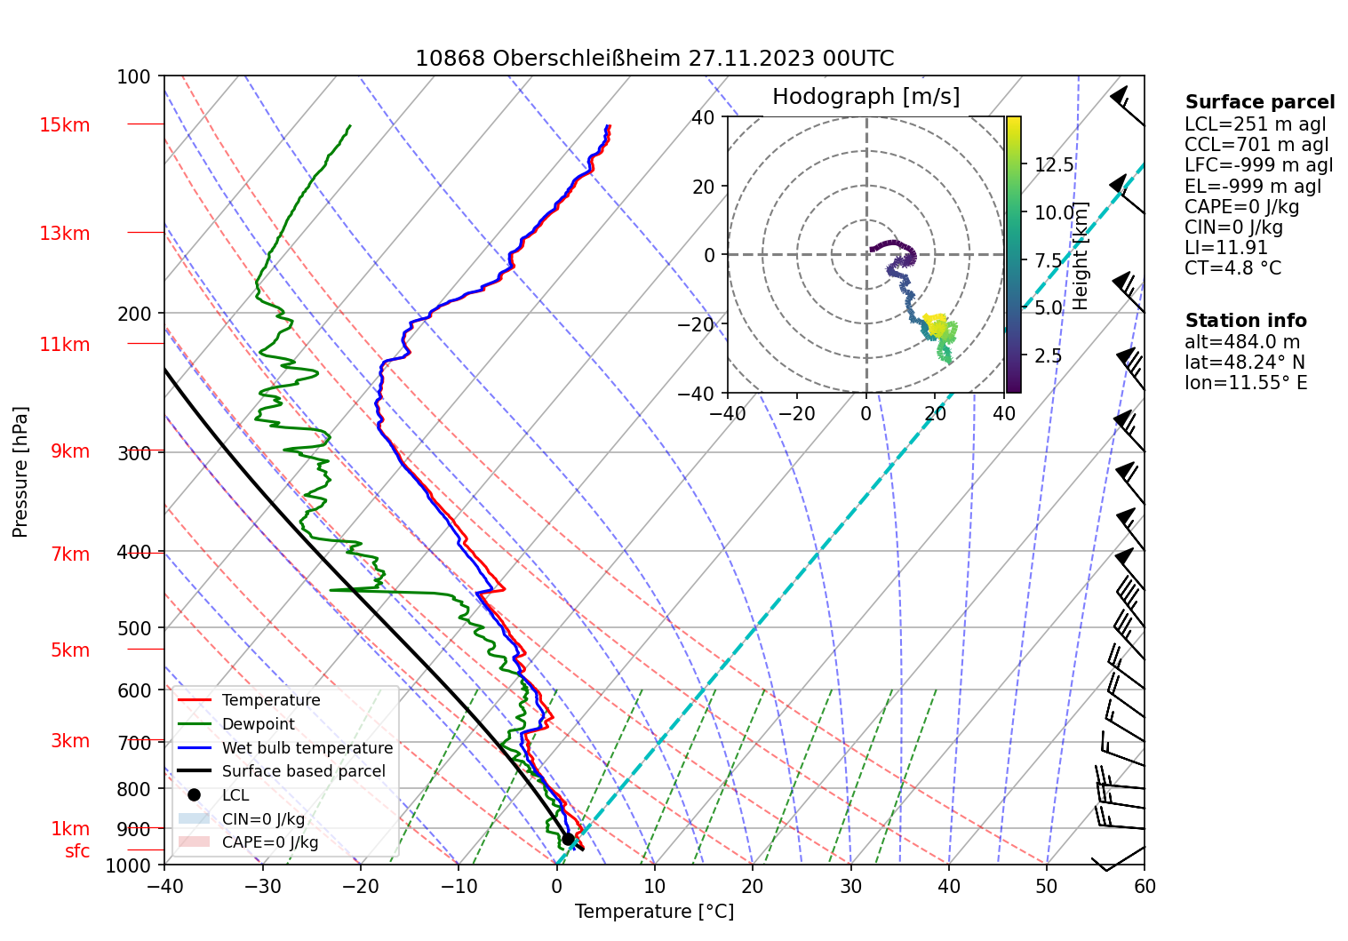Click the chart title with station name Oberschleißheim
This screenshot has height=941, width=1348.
654,59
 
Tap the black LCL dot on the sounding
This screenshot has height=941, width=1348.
568,839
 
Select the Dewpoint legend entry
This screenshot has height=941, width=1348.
258,724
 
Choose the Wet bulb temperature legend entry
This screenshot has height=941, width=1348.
307,748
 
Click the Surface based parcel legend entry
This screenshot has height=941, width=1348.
303,771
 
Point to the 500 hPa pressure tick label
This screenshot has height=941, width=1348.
134,628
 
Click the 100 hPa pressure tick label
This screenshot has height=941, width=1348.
134,77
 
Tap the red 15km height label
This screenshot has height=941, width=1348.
65,125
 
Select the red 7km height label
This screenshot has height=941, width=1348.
70,554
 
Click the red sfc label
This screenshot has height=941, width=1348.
77,851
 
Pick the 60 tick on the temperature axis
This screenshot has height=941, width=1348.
1145,887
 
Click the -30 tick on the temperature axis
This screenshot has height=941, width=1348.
262,887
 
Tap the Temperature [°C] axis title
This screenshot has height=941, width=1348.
654,912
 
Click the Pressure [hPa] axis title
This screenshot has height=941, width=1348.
20,472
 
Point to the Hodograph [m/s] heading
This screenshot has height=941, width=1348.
865,97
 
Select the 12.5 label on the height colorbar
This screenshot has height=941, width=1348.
1054,165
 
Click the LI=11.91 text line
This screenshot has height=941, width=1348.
1225,248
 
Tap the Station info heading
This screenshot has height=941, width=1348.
1246,321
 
